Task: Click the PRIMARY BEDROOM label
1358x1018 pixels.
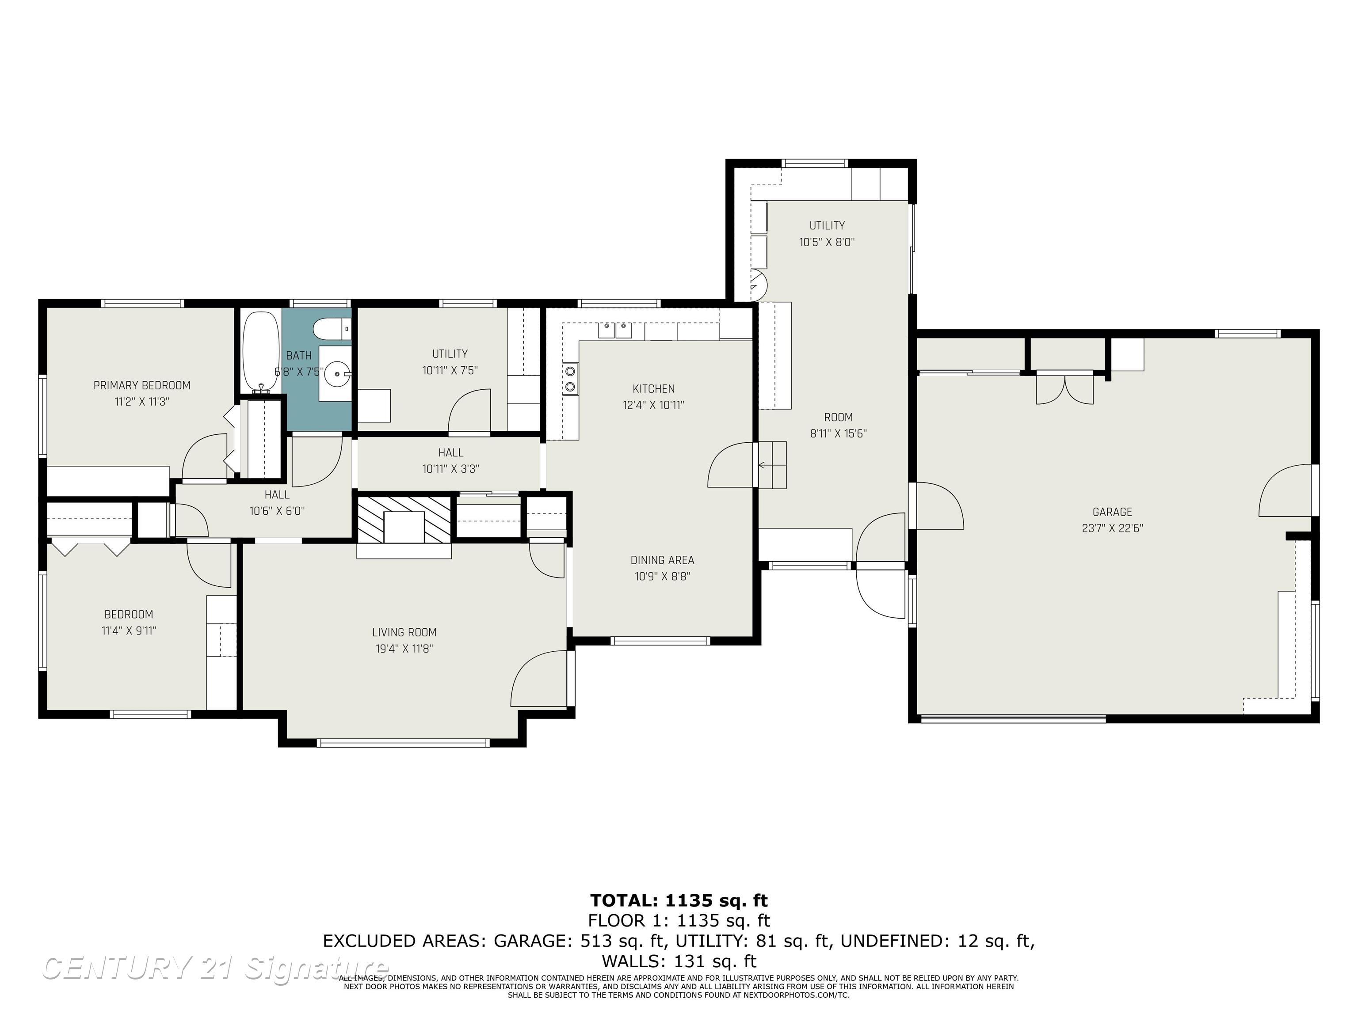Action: coord(142,385)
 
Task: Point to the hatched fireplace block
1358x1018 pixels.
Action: coord(404,519)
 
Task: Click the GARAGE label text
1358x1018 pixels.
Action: coord(1112,512)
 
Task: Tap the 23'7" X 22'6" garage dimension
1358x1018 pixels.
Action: coord(1112,528)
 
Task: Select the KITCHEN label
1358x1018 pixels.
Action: coord(653,388)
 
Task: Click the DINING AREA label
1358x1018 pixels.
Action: coord(663,560)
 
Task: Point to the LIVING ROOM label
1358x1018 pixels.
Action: coord(404,632)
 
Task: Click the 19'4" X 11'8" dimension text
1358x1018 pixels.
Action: coord(404,649)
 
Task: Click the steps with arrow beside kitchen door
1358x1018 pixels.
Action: coord(772,464)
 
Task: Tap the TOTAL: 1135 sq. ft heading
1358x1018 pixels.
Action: coord(679,900)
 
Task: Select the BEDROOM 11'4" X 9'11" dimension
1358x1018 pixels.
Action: coord(129,631)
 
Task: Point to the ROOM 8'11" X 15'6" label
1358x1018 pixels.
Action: coord(838,425)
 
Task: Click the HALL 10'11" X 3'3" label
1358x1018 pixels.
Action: coord(450,461)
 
